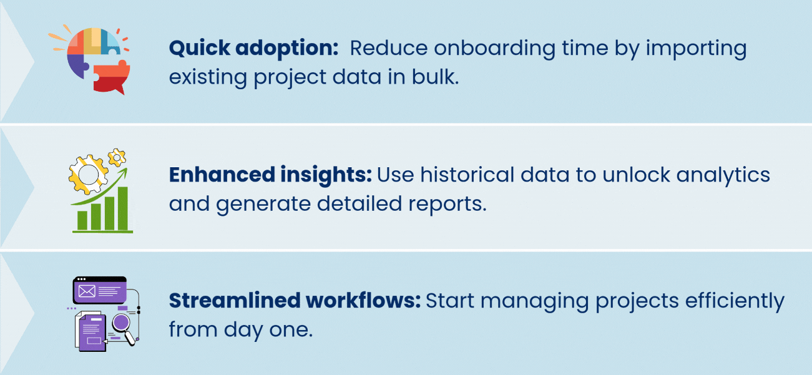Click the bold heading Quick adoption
click(x=253, y=49)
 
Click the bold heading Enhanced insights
click(x=270, y=175)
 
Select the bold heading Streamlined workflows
click(x=295, y=301)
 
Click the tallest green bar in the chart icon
click(x=123, y=208)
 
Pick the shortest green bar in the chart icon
click(x=82, y=220)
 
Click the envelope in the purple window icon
click(x=87, y=291)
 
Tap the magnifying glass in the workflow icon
click(x=122, y=325)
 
